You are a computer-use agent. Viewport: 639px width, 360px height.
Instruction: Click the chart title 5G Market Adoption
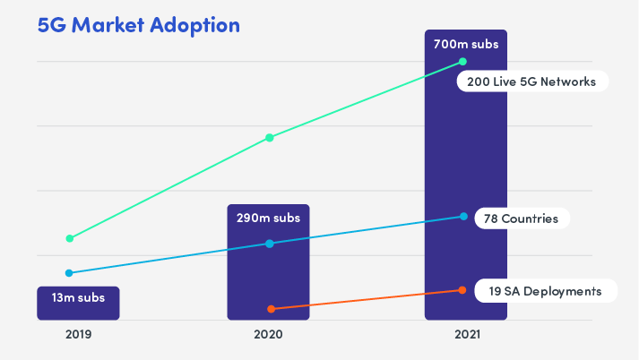(138, 25)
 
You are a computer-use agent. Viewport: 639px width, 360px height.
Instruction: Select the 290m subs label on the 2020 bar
(268, 218)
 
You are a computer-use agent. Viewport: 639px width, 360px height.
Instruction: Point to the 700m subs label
(465, 43)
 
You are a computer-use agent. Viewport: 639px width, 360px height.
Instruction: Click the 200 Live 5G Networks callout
(532, 81)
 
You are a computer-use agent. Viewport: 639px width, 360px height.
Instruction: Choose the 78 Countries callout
(521, 219)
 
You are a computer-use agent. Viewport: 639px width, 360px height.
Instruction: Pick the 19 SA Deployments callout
(546, 291)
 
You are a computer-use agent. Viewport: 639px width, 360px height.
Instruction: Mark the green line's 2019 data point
(69, 238)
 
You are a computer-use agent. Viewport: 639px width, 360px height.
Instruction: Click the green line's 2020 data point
(270, 138)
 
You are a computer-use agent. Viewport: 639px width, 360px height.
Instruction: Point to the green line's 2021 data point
(462, 62)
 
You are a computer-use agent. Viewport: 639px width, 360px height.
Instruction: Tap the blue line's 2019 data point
(69, 273)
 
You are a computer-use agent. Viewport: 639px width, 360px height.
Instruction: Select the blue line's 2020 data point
(270, 244)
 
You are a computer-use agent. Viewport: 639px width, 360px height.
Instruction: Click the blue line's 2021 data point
(462, 217)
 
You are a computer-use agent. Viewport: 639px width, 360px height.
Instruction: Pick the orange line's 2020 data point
(271, 309)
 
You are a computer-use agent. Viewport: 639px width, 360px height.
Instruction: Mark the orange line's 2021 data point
(462, 290)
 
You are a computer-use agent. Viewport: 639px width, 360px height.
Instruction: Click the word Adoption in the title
(196, 25)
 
